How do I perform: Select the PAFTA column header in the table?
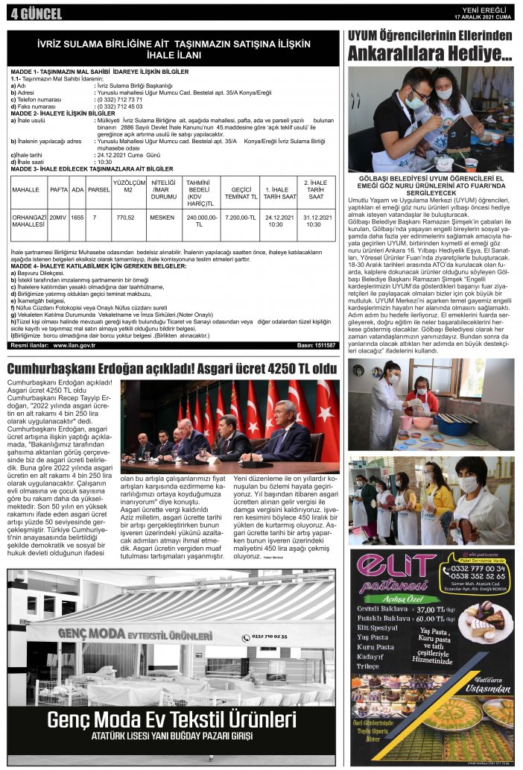(x=59, y=189)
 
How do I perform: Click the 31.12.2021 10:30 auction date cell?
(x=316, y=221)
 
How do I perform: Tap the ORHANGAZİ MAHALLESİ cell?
(x=30, y=221)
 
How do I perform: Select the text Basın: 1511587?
(x=317, y=345)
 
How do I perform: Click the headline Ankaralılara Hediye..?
(x=429, y=54)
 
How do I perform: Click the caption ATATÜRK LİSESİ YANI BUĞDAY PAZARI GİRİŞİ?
(x=172, y=738)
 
